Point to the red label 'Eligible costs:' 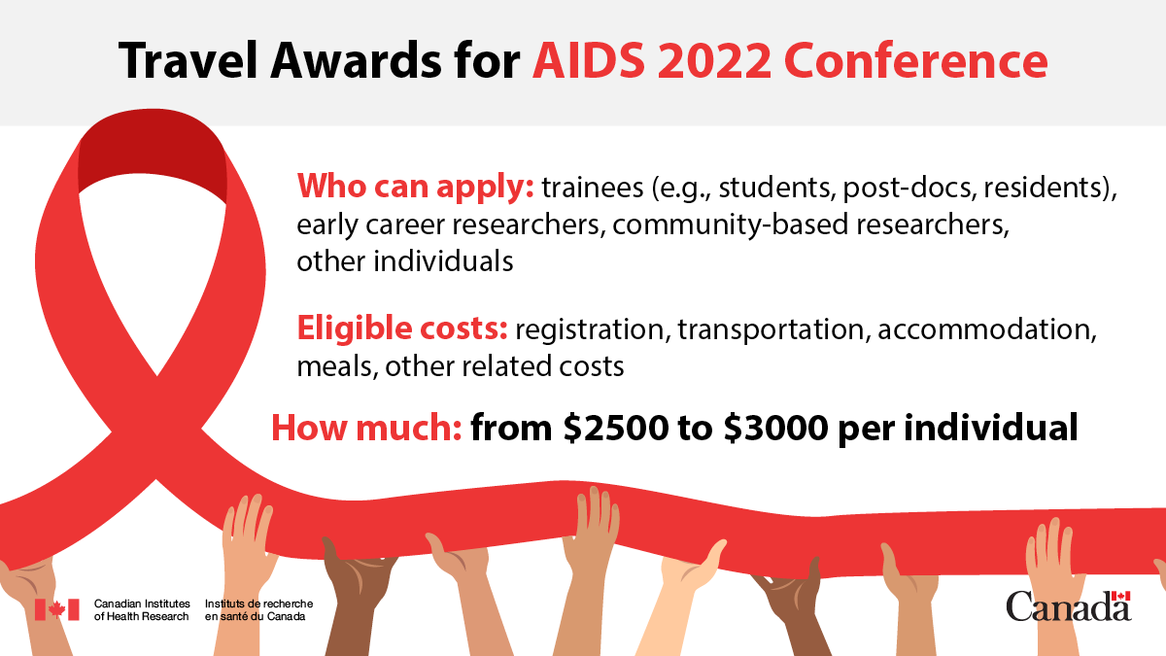tap(401, 329)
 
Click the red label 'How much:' tap(366, 428)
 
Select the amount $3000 tap(772, 428)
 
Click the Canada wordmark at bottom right tap(1068, 606)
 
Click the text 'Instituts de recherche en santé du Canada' tap(258, 609)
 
